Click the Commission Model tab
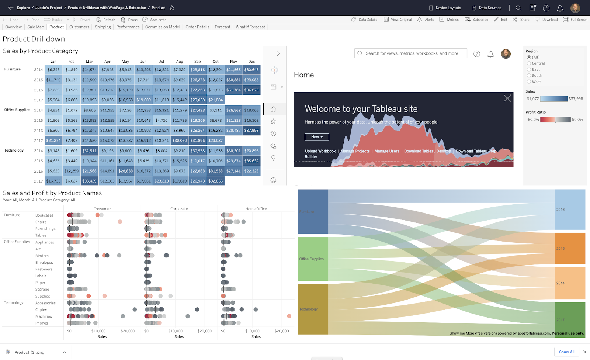(x=162, y=27)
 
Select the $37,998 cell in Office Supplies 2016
(x=251, y=131)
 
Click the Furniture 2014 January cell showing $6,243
(x=53, y=70)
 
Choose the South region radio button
(x=529, y=76)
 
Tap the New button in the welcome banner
(x=317, y=137)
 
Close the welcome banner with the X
(x=507, y=98)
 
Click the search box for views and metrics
(x=411, y=53)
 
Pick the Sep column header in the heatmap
(x=198, y=62)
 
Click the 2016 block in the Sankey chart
(x=570, y=210)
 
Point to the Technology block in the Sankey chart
(x=313, y=309)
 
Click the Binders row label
(x=42, y=256)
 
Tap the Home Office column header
(x=256, y=209)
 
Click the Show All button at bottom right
(x=566, y=352)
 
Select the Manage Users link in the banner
(x=387, y=151)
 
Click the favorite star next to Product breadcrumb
(x=172, y=8)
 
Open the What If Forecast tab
(x=250, y=27)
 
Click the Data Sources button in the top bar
(x=487, y=8)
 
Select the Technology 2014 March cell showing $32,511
(x=89, y=151)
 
